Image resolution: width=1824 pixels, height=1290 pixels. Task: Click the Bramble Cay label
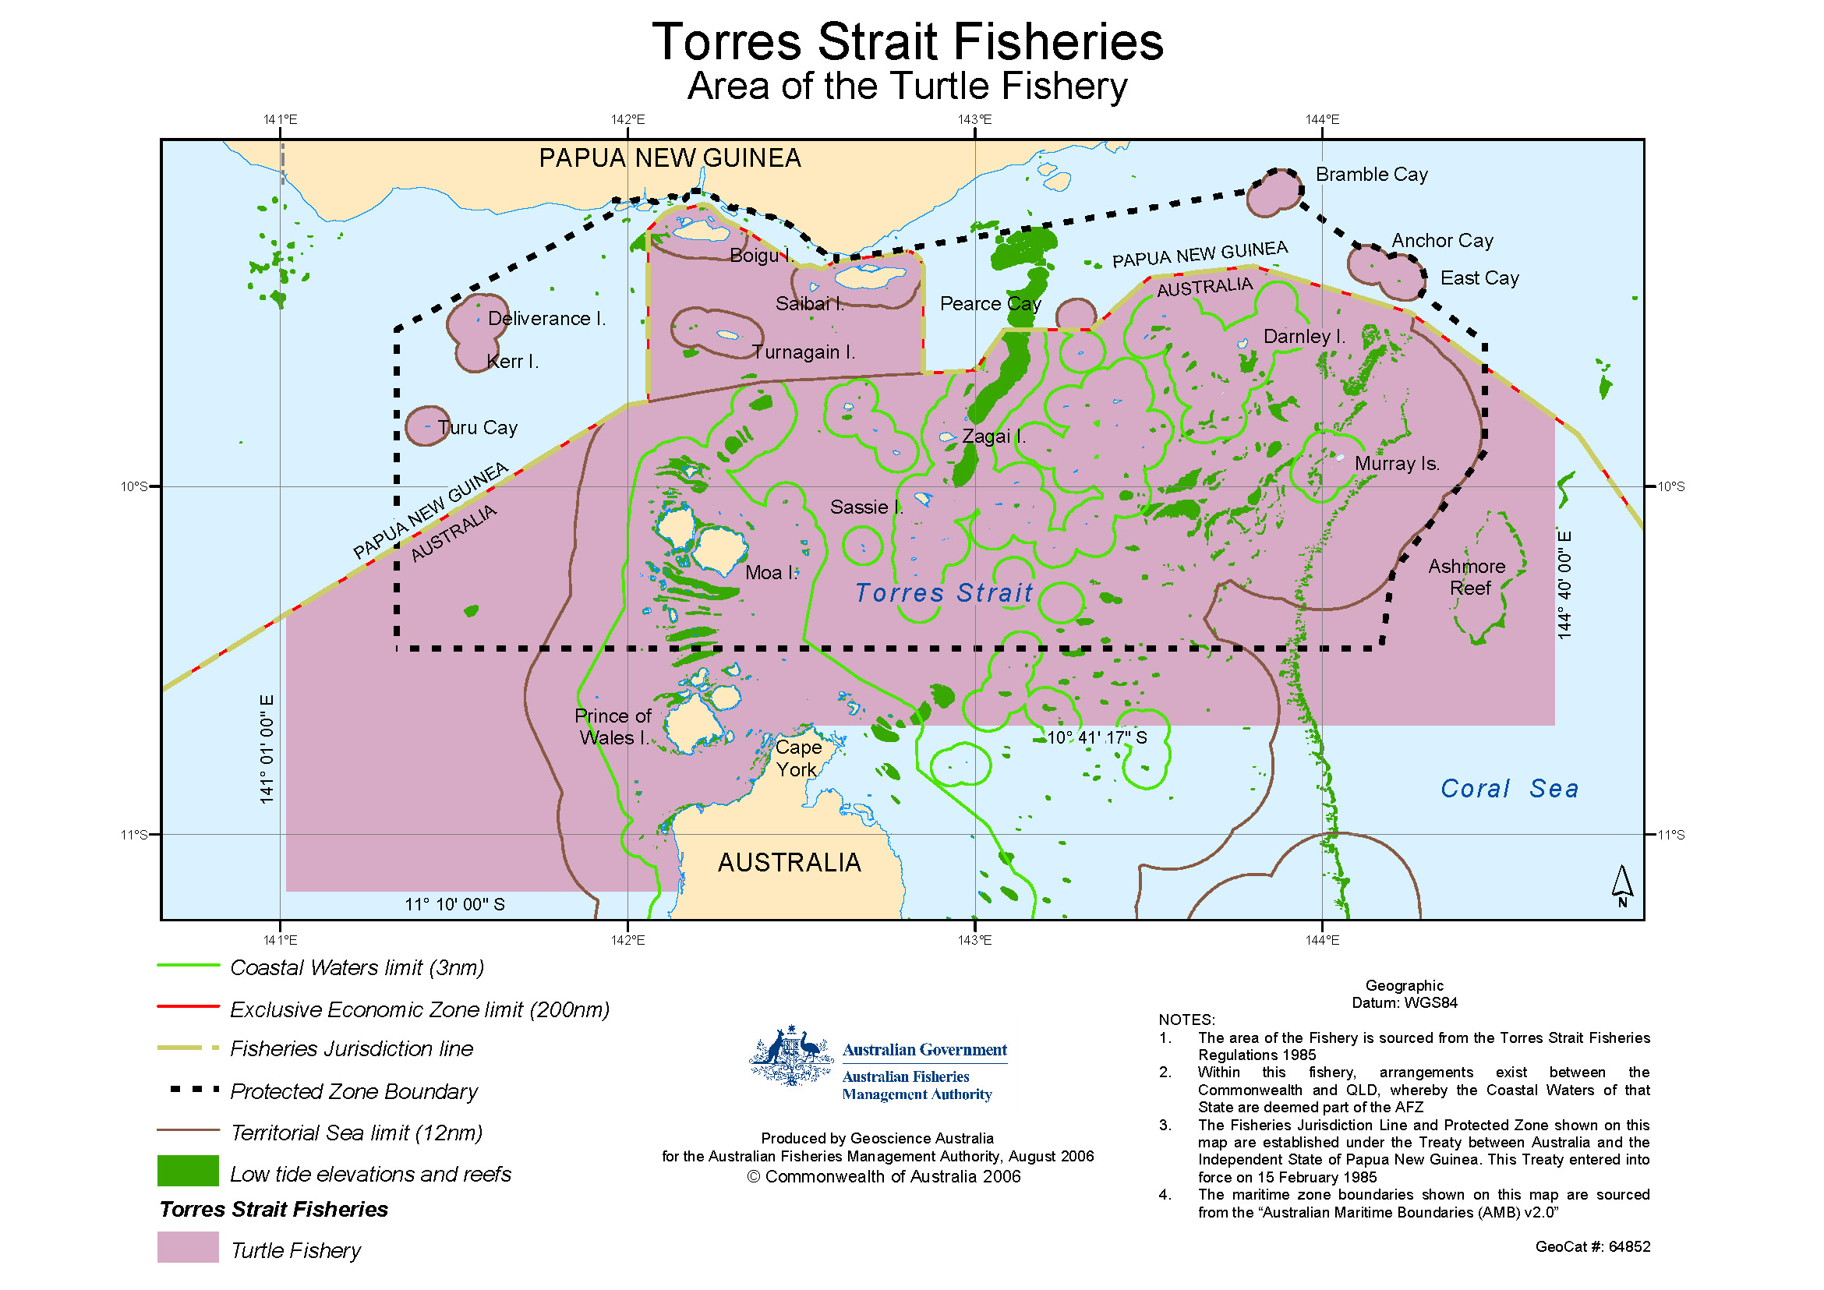coord(1371,174)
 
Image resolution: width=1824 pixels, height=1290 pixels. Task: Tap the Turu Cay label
coord(478,427)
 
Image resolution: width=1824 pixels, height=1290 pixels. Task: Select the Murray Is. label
coord(1397,463)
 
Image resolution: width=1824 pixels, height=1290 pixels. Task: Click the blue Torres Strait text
coord(944,592)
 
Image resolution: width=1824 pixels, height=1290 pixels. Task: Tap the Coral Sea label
coord(1509,788)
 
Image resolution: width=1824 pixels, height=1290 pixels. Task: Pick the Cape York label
coord(797,758)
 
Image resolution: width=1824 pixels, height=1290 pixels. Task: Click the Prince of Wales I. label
coord(613,726)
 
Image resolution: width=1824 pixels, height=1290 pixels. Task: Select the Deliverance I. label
coord(546,319)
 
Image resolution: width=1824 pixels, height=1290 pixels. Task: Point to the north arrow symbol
coord(1621,885)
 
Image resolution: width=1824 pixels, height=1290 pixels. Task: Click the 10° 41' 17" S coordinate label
coord(1096,737)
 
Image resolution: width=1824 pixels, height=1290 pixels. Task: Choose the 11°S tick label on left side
coord(134,834)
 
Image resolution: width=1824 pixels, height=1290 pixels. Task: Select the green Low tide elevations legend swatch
coord(188,1170)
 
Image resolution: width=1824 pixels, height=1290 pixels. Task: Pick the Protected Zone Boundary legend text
coord(354,1091)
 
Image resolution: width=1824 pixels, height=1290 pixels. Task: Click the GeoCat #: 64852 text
coord(1592,1246)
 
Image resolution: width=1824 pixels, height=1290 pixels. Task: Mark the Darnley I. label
coord(1303,336)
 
